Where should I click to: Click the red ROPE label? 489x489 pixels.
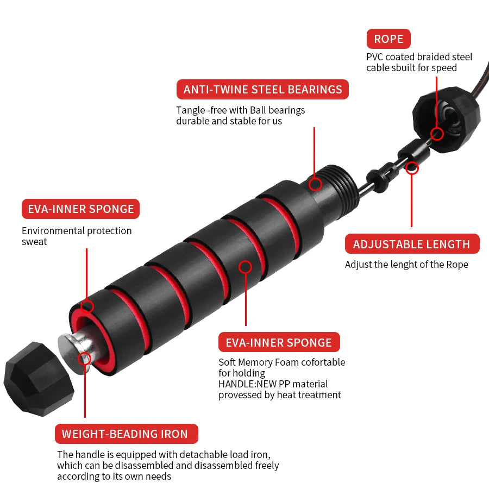tap(388, 39)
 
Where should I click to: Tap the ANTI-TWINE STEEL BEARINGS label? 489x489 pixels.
tap(262, 90)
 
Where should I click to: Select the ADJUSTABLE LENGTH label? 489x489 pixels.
tap(412, 244)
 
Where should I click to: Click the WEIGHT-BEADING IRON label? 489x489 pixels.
tap(126, 434)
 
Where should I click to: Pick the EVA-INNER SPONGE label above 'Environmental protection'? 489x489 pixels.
tap(80, 209)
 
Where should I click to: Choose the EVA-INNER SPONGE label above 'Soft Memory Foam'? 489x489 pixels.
tap(279, 342)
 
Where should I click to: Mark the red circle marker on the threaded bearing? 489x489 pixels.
tap(315, 184)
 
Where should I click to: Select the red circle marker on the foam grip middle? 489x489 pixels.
tap(246, 267)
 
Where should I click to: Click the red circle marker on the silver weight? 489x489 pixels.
tap(84, 359)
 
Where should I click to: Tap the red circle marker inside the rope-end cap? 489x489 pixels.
tap(437, 134)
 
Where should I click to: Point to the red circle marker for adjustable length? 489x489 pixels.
tap(412, 168)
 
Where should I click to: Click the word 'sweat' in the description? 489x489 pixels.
tap(34, 242)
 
